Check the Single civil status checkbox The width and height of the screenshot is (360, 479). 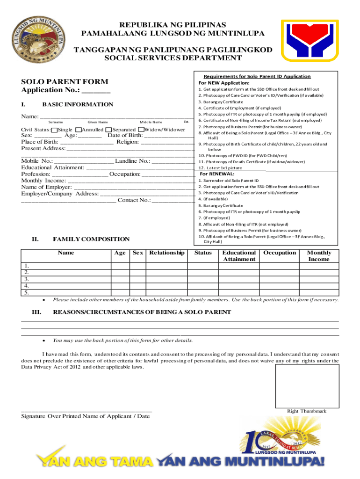[x=55, y=130]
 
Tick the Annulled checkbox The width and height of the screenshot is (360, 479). [x=79, y=130]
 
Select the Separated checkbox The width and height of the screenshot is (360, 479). [x=108, y=130]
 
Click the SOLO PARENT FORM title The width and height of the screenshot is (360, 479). [x=65, y=82]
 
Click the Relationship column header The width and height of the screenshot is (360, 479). [x=166, y=253]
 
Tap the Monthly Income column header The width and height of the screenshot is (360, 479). [x=319, y=256]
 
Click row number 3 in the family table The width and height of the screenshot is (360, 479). [x=27, y=279]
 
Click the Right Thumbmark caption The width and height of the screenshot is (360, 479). [x=306, y=411]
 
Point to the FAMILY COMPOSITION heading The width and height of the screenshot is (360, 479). [x=91, y=239]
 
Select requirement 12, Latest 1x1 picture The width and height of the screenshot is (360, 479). [x=220, y=168]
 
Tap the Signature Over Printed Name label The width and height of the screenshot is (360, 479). [x=86, y=416]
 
